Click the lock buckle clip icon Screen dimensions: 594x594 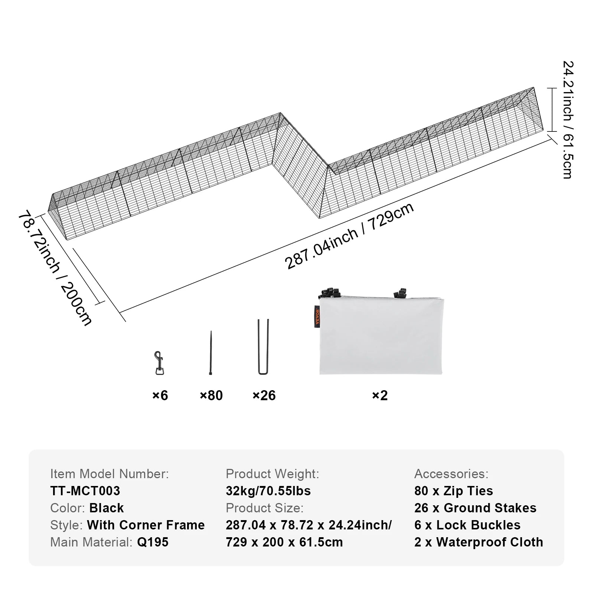[159, 363]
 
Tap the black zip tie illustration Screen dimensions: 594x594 [211, 353]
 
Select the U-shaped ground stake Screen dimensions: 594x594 [263, 347]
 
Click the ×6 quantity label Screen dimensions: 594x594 [160, 395]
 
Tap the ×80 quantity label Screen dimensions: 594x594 [211, 395]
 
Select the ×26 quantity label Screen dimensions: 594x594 [264, 395]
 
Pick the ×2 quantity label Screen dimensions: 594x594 [380, 395]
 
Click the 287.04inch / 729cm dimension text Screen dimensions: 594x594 [349, 236]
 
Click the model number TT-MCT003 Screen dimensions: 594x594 [85, 491]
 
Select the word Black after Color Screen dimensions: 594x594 [107, 508]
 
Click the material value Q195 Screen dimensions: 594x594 [153, 542]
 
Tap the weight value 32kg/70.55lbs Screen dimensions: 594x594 [268, 491]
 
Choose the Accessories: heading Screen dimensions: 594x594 [451, 474]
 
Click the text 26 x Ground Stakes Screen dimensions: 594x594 [475, 508]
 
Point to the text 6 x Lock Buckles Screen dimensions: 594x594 [467, 525]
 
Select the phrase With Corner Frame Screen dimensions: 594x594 [146, 525]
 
